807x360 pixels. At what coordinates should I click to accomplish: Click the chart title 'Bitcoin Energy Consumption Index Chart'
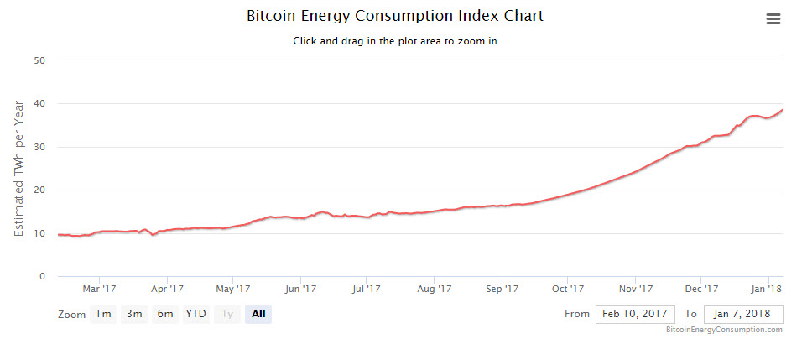click(395, 16)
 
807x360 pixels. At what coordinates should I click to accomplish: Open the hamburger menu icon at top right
click(773, 19)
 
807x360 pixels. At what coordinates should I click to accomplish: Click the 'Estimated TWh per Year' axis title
click(19, 168)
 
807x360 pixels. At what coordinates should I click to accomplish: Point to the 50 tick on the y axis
click(39, 60)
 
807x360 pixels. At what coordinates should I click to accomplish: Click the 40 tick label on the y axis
click(39, 104)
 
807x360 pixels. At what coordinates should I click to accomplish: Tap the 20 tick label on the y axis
click(39, 190)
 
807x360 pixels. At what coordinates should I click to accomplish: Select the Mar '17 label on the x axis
click(99, 290)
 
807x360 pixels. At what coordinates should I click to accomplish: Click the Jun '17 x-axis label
click(300, 290)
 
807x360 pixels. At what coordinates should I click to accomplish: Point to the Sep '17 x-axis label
click(501, 290)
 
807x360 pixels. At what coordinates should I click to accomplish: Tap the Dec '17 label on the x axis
click(701, 290)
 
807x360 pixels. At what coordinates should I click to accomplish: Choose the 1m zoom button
click(103, 314)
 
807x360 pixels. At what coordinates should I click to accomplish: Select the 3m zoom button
click(134, 314)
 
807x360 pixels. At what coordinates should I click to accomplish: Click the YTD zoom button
click(195, 314)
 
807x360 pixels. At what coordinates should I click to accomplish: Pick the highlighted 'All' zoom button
click(258, 314)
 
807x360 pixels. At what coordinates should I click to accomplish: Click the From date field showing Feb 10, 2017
click(635, 314)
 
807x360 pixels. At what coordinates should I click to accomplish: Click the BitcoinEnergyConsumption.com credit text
click(724, 331)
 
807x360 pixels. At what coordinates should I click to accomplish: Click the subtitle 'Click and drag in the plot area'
click(395, 40)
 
